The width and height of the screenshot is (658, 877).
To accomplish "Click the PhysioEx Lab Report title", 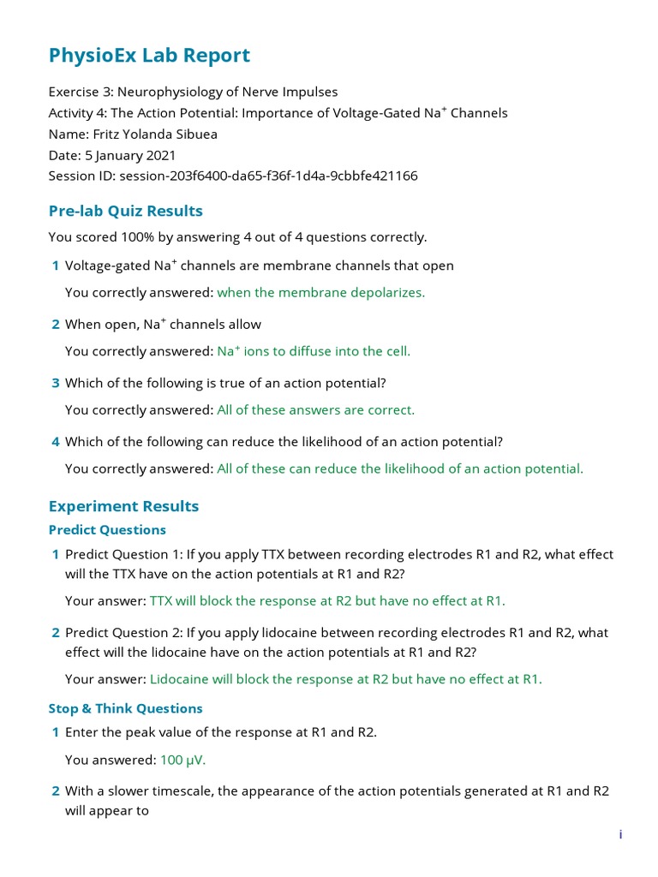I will (x=149, y=56).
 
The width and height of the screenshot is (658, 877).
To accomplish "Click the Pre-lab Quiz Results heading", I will (x=126, y=211).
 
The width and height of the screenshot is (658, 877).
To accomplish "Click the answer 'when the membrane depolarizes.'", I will (x=320, y=292).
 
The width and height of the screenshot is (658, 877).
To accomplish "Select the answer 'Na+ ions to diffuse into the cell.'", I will (x=314, y=351).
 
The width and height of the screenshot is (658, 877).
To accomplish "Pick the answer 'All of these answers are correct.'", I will (x=315, y=410).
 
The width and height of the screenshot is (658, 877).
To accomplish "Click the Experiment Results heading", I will (x=123, y=506).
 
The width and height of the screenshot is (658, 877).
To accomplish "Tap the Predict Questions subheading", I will (x=107, y=530).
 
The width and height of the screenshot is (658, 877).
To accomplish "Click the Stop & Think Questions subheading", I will (x=126, y=708).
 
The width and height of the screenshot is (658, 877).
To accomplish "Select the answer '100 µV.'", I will (x=182, y=760).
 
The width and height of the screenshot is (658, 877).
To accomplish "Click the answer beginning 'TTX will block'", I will (x=327, y=601).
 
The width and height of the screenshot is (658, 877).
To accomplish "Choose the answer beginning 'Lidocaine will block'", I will (x=345, y=679).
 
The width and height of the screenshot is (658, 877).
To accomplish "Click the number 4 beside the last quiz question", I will (x=56, y=442).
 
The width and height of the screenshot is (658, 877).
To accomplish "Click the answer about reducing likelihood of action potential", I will (x=400, y=469).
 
